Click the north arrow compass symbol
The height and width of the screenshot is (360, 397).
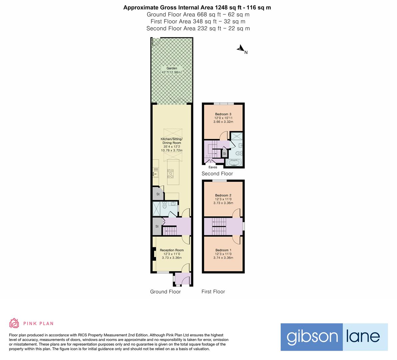tap(241, 49)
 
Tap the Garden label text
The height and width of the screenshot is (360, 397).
tap(172, 68)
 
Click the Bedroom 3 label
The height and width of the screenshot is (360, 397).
tap(223, 114)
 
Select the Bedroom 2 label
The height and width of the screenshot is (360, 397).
tap(223, 195)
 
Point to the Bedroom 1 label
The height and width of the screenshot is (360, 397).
tap(223, 250)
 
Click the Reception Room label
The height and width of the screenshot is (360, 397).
tap(172, 250)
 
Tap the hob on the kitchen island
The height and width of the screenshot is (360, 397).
tap(171, 172)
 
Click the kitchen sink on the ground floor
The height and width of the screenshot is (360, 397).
tap(155, 173)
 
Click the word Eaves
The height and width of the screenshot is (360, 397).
tap(213, 167)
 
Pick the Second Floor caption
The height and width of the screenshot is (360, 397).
tap(217, 174)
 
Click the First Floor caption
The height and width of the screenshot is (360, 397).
tap(213, 292)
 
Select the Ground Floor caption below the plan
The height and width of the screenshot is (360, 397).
tap(165, 292)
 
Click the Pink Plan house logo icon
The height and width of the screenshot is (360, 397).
tap(14, 323)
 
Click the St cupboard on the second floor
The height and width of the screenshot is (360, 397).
tap(225, 154)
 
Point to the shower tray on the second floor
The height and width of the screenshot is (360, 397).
tap(237, 136)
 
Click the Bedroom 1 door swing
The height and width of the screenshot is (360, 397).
tap(236, 240)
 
